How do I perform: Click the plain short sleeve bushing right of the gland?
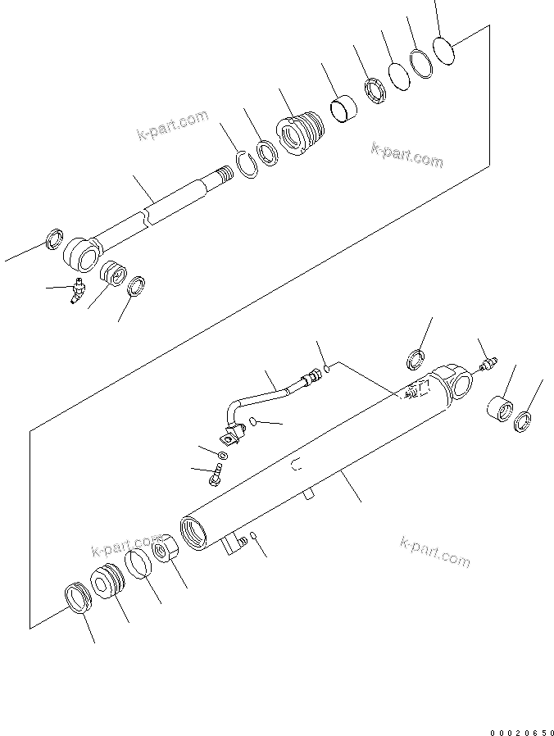click(x=343, y=109)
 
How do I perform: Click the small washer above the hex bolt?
click(x=223, y=454)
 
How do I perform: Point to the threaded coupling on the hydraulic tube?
click(x=310, y=379)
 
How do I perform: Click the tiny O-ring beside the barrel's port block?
click(x=253, y=537)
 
